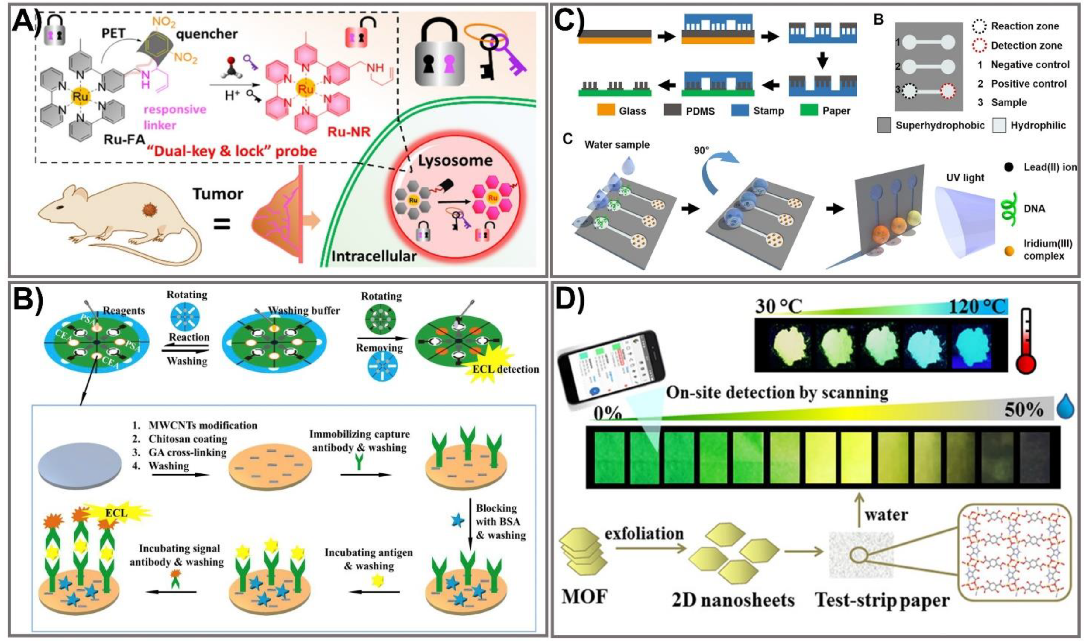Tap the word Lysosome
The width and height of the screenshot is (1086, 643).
[455, 161]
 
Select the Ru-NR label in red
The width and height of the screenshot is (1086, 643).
[349, 132]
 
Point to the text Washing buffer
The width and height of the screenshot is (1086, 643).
[304, 311]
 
